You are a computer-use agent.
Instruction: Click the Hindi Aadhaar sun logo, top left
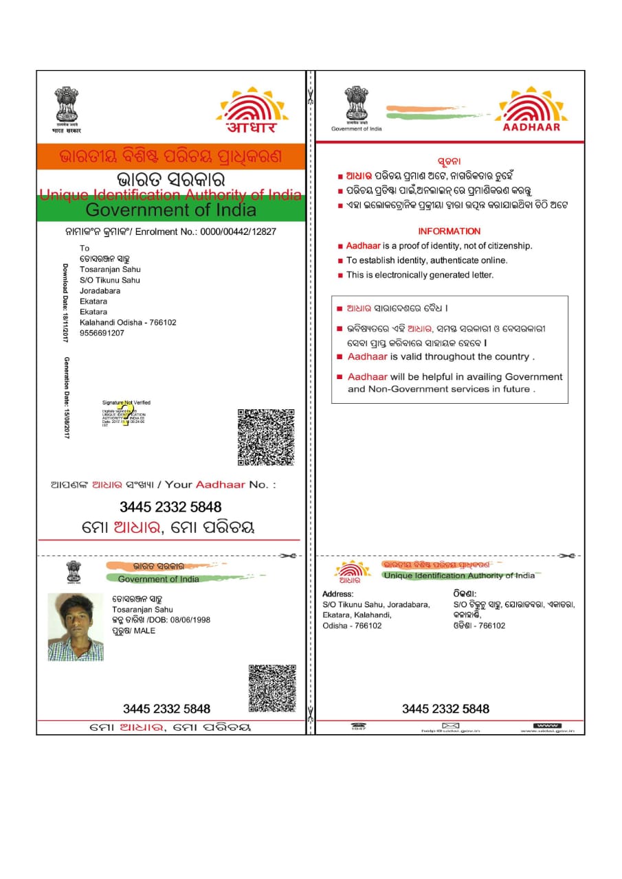(252, 110)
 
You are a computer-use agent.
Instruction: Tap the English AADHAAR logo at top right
(531, 109)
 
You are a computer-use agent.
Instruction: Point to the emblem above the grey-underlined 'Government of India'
(356, 103)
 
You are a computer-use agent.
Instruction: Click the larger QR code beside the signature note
(266, 437)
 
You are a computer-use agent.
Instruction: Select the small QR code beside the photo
(272, 687)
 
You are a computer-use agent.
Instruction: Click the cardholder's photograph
(76, 627)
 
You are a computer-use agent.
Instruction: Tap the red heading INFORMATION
(449, 231)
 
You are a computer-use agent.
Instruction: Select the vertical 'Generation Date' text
(67, 398)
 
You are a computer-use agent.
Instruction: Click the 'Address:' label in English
(337, 594)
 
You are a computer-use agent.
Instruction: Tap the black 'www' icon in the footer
(547, 726)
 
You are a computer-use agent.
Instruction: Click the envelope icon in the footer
(450, 726)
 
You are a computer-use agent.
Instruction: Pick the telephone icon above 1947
(358, 724)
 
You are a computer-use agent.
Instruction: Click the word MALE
(144, 630)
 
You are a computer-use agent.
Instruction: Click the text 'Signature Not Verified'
(126, 402)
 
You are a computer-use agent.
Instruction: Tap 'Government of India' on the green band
(170, 209)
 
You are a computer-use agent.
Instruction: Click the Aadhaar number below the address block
(445, 709)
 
